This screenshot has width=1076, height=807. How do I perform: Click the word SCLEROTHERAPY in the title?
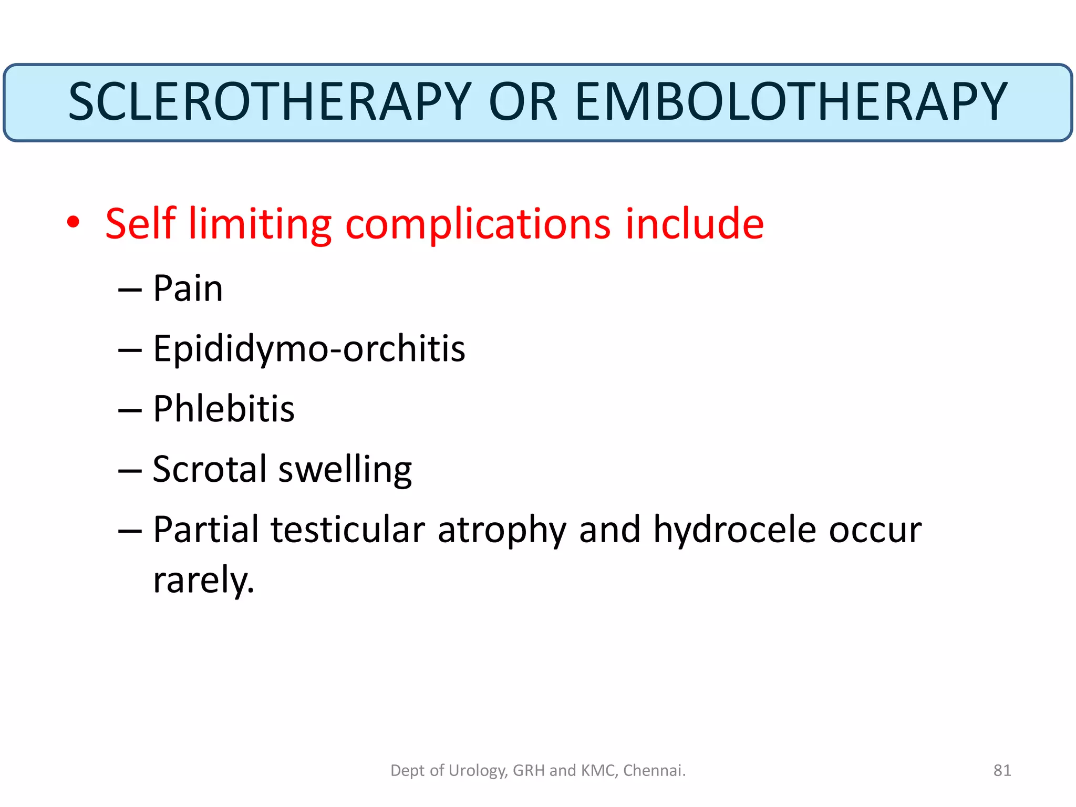tap(270, 102)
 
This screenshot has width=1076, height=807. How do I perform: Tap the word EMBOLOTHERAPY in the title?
tap(791, 102)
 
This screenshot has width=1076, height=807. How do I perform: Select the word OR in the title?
tap(522, 102)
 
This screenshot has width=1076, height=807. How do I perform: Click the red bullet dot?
tap(74, 222)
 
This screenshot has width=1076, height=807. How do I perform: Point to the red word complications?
tap(478, 225)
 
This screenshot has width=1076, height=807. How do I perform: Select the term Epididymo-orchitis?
tap(309, 349)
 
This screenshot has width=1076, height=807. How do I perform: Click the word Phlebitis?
tap(224, 409)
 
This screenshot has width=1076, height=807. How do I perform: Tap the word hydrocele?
tap(734, 529)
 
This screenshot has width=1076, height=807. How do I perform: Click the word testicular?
tap(347, 529)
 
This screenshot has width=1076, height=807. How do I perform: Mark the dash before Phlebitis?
tap(130, 410)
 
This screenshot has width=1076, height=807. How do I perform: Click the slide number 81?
tap(1002, 770)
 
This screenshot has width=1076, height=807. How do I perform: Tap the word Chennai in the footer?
tap(654, 770)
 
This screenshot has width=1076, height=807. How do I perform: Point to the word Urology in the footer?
tap(477, 771)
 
